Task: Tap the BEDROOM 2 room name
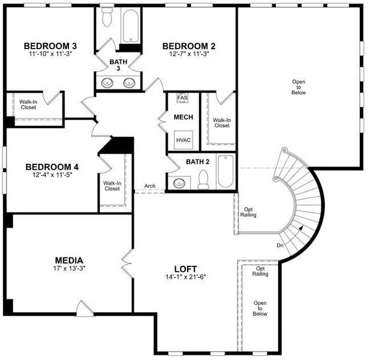pos(189,46)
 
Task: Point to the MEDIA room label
pos(69,260)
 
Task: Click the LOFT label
pos(186,269)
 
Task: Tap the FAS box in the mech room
pos(182,98)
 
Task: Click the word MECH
pos(183,117)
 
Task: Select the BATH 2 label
pos(197,161)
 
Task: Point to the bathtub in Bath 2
pos(225,172)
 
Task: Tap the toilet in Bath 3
pos(107,18)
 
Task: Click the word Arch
pos(150,186)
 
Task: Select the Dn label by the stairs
pos(280,245)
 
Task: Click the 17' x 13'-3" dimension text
pos(69,268)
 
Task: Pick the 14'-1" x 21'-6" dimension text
pos(186,277)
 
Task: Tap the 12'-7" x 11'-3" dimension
pos(189,55)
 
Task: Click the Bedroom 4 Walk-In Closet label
pos(112,186)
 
